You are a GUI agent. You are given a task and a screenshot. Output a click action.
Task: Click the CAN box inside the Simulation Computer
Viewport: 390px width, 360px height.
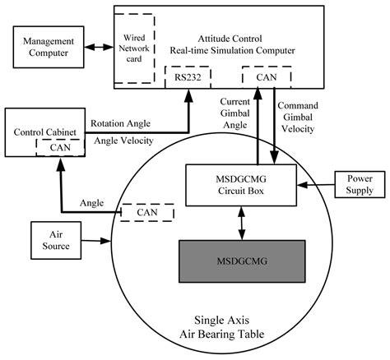[267, 79]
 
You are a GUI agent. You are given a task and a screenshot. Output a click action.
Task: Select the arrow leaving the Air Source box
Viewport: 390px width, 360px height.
[91, 241]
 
